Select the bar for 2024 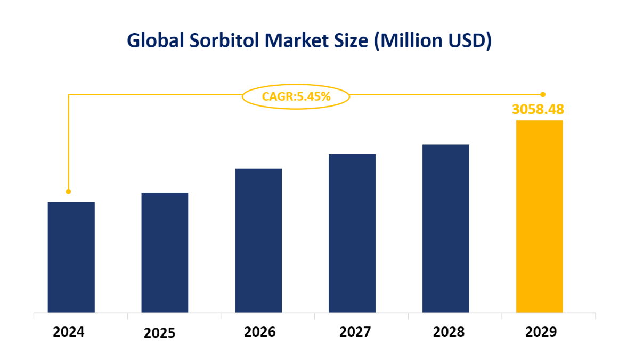71,257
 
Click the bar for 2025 165,252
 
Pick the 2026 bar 258,240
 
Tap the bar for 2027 352,233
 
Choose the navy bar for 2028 445,228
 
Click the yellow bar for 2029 539,216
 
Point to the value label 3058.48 538,110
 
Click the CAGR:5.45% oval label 296,97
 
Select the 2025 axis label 159,333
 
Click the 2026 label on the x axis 260,332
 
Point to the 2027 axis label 355,332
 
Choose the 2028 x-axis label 449,332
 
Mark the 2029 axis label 541,332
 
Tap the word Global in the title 153,41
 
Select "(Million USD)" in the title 433,41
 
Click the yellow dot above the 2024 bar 68,191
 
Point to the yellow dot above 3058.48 543,94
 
